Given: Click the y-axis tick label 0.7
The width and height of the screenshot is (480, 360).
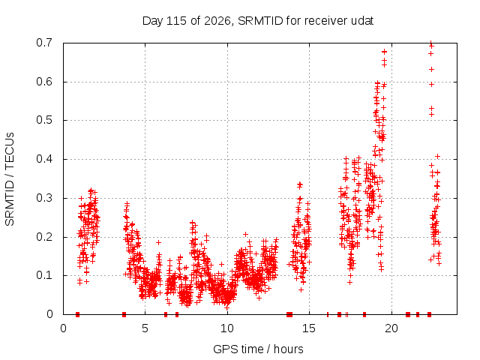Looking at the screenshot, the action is point(44,43).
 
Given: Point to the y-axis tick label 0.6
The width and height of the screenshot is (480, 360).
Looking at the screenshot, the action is point(44,82).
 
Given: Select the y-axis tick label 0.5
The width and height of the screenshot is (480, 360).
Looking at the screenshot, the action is point(44,120).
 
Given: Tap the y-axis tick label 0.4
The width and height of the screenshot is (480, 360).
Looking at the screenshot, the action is point(44,159).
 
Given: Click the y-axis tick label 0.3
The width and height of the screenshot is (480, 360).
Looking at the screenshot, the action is point(44,198).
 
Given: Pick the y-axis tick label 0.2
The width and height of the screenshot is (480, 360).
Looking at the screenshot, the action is point(44,237).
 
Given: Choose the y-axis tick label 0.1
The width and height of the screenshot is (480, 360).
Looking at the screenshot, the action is point(44,275).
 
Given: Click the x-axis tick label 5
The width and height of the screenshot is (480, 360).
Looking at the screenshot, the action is point(145,328).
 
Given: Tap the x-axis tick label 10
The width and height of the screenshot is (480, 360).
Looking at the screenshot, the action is point(227,328).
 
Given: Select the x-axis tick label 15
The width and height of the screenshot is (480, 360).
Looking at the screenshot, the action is point(309,328).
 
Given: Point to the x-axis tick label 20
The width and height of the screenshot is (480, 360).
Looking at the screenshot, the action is point(391,328).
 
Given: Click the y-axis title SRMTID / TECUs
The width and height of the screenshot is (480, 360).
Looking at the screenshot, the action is point(10,179).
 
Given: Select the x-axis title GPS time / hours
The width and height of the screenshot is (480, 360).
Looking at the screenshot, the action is point(258,349).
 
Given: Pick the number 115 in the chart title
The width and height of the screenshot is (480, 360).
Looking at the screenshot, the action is point(177,21).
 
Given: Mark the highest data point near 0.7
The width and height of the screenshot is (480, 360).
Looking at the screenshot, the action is point(431,43).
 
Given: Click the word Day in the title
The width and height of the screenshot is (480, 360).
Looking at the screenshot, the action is point(153,21).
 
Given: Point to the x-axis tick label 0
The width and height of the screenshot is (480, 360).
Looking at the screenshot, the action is point(63,328).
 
